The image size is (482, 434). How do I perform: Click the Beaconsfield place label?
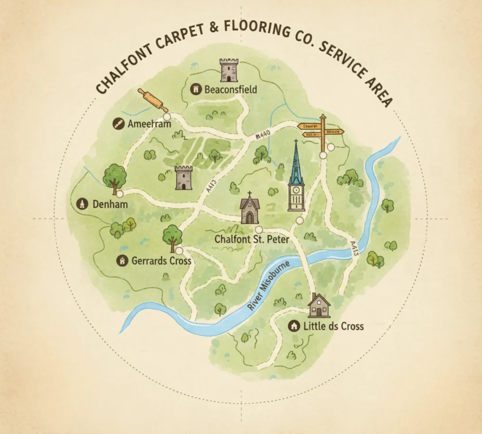(230, 89)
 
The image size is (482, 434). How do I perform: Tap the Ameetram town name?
(149, 124)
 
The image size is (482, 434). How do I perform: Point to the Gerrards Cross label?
(161, 261)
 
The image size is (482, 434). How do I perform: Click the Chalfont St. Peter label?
(249, 240)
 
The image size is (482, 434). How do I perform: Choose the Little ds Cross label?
(334, 326)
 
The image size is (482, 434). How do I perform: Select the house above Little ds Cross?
(319, 305)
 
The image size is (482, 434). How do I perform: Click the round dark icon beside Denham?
(81, 204)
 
